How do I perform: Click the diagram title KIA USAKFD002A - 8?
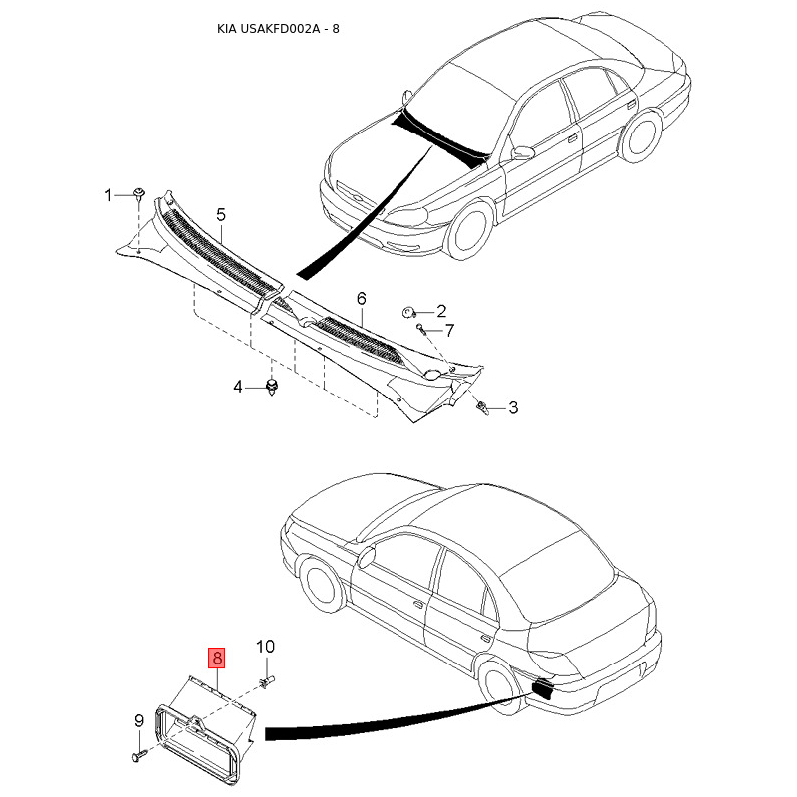coord(278,28)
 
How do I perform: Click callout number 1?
coord(110,194)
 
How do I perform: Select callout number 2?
coord(440,311)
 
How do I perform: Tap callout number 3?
coord(513,406)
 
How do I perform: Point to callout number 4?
coord(238,386)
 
